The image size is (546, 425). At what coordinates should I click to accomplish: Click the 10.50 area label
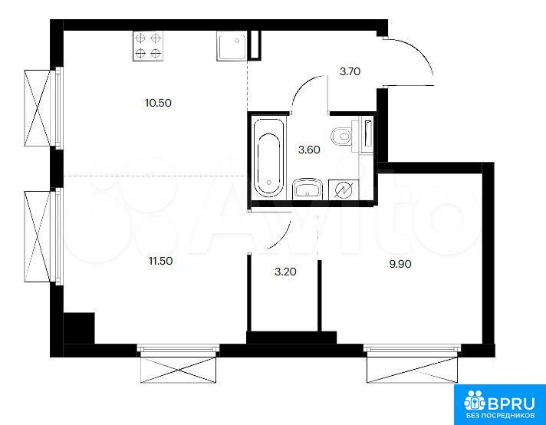[x=159, y=103]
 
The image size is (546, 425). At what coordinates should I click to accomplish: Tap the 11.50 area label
[x=160, y=261]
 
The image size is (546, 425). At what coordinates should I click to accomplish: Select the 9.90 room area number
[x=400, y=264]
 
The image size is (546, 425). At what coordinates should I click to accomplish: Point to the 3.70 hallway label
[x=350, y=72]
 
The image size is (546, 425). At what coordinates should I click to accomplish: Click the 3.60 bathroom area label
[x=309, y=150]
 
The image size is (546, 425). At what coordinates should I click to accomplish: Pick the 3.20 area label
[x=285, y=272]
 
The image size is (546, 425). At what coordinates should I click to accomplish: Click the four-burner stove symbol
[x=148, y=46]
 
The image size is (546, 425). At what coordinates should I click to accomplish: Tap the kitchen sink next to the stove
[x=232, y=45]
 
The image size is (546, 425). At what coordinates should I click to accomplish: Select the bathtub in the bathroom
[x=268, y=157]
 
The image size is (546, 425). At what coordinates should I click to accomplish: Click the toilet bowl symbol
[x=342, y=136]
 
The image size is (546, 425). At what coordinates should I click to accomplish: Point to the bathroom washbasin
[x=308, y=189]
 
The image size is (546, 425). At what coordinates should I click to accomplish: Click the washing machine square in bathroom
[x=344, y=189]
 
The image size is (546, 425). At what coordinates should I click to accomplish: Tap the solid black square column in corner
[x=79, y=328]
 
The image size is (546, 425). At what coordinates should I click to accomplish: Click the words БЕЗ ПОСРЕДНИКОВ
[x=501, y=416]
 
